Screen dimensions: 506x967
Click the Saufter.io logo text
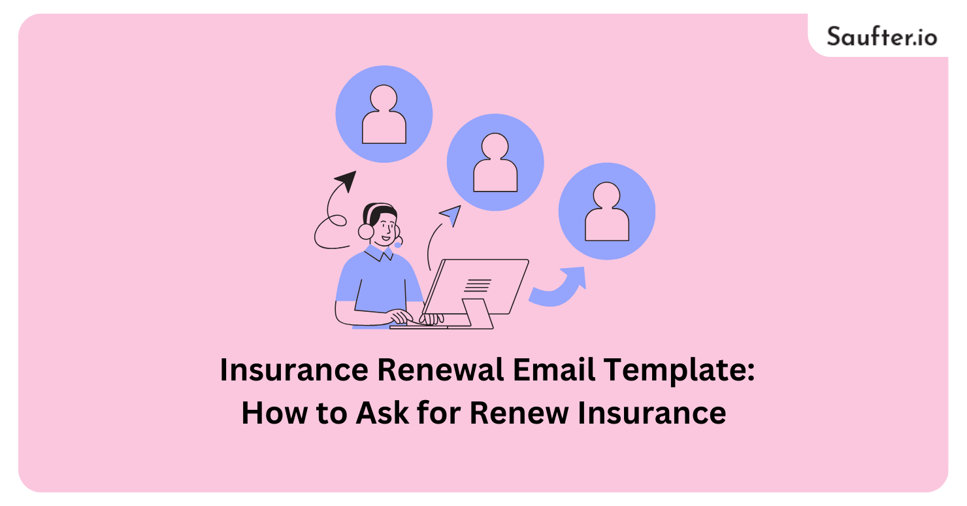(x=881, y=35)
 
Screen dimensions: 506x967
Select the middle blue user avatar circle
(x=495, y=162)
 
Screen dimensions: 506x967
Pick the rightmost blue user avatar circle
(x=606, y=211)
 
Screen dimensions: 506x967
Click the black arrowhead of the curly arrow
(x=346, y=180)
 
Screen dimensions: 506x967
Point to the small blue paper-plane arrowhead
(x=450, y=213)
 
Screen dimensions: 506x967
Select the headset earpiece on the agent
(x=366, y=230)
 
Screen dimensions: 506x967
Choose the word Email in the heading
(x=553, y=371)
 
